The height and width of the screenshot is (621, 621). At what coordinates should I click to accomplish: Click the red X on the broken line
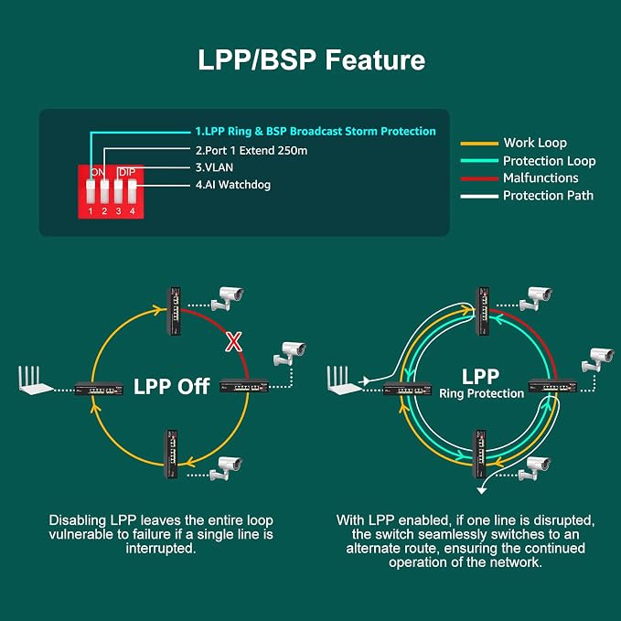coord(233,342)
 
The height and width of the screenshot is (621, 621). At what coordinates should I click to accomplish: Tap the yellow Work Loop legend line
coord(479,144)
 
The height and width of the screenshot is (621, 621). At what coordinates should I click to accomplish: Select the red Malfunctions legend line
coord(479,178)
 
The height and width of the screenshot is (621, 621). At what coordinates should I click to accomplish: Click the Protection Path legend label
coord(548,196)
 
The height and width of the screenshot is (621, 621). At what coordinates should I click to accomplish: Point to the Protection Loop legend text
coord(550,161)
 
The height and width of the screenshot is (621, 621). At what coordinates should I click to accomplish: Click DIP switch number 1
coord(91,192)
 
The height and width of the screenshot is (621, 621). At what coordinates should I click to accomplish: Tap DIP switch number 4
coord(133,192)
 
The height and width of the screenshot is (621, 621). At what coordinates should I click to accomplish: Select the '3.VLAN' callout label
coord(214,167)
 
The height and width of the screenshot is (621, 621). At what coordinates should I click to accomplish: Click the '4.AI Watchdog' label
coord(233,185)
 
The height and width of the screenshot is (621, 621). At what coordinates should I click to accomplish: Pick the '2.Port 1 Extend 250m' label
coord(252,151)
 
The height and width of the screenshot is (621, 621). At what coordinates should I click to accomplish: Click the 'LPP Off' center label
coord(172,386)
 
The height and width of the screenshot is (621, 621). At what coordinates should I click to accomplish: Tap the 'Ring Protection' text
coord(482,393)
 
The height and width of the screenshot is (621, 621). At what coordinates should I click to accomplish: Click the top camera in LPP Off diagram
coord(228,298)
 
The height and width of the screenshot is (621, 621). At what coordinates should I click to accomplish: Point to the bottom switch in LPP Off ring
coord(171,454)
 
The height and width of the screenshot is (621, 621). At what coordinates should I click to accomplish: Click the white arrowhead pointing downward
coord(482,491)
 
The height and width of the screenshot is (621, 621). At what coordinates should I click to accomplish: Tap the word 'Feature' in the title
coord(375,59)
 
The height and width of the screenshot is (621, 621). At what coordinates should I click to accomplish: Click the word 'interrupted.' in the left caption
coord(161,549)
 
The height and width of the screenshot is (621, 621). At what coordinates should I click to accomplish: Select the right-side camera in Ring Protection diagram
coord(597,359)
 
